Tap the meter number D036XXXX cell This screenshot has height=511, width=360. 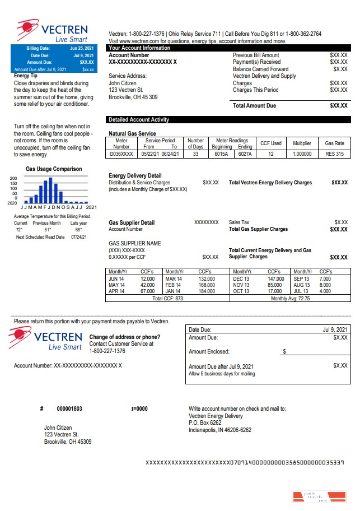(x=121, y=154)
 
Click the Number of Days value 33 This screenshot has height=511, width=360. (x=195, y=154)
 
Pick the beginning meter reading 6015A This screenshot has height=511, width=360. (x=222, y=154)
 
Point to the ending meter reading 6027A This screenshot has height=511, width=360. (x=245, y=154)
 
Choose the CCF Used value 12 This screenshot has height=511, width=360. (x=271, y=154)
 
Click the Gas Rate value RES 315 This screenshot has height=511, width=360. (x=334, y=154)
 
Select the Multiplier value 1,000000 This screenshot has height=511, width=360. (x=302, y=154)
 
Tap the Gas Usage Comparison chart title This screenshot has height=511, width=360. (x=54, y=169)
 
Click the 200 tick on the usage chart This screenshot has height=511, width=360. (x=13, y=178)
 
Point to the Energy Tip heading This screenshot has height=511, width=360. (x=26, y=75)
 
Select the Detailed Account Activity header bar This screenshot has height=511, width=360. (x=228, y=119)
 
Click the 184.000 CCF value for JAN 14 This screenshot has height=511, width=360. (x=207, y=291)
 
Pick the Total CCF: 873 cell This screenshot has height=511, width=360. (x=168, y=299)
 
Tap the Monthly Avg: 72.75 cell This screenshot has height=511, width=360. (x=290, y=299)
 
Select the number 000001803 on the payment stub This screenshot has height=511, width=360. (x=69, y=408)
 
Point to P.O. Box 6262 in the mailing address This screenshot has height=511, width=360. (x=205, y=423)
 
